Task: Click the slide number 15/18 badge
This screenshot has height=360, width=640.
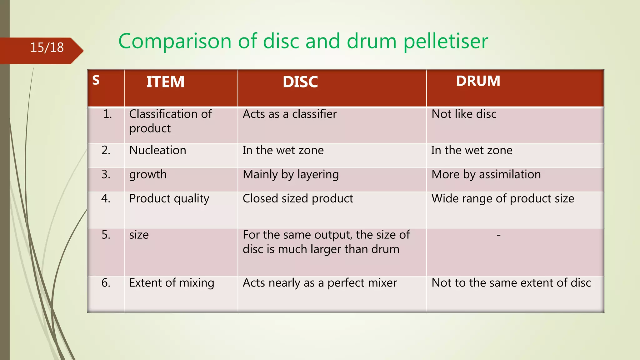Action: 47,47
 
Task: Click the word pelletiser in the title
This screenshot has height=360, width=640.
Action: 446,41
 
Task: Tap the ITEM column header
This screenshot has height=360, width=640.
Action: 165,82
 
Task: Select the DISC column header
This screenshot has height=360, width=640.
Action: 300,82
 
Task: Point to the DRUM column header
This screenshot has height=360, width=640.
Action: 478,81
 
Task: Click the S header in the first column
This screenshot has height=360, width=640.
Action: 96,80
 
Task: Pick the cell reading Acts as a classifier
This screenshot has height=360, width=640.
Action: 290,114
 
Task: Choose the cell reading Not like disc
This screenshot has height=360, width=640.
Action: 464,114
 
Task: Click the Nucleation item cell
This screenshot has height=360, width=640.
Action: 157,150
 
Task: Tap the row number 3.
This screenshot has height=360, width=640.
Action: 106,174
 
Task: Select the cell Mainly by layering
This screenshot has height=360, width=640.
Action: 291,174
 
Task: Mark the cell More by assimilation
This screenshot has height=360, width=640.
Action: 486,174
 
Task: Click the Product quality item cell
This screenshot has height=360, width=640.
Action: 169,199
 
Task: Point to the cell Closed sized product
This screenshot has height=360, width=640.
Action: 298,199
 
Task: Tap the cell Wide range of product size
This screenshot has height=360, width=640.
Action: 502,199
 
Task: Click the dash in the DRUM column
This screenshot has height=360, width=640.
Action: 499,235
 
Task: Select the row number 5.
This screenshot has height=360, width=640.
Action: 106,235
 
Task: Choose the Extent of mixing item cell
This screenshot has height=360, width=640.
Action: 172,283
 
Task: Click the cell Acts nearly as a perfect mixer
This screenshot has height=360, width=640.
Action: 320,283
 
